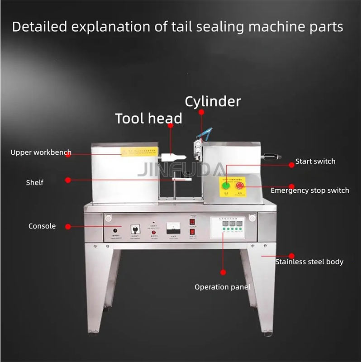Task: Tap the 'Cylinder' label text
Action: tap(213, 101)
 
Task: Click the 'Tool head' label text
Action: tap(148, 119)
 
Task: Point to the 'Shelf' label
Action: tap(34, 182)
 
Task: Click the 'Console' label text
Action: tap(42, 226)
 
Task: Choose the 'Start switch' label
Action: tap(315, 161)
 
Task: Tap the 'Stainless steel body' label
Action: tap(310, 262)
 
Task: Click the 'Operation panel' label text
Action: tap(222, 287)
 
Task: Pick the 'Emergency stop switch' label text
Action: tap(310, 191)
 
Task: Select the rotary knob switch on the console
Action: tap(134, 229)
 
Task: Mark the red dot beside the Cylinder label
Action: tap(201, 111)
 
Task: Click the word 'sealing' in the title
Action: tap(211, 27)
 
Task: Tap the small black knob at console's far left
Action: tap(114, 231)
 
